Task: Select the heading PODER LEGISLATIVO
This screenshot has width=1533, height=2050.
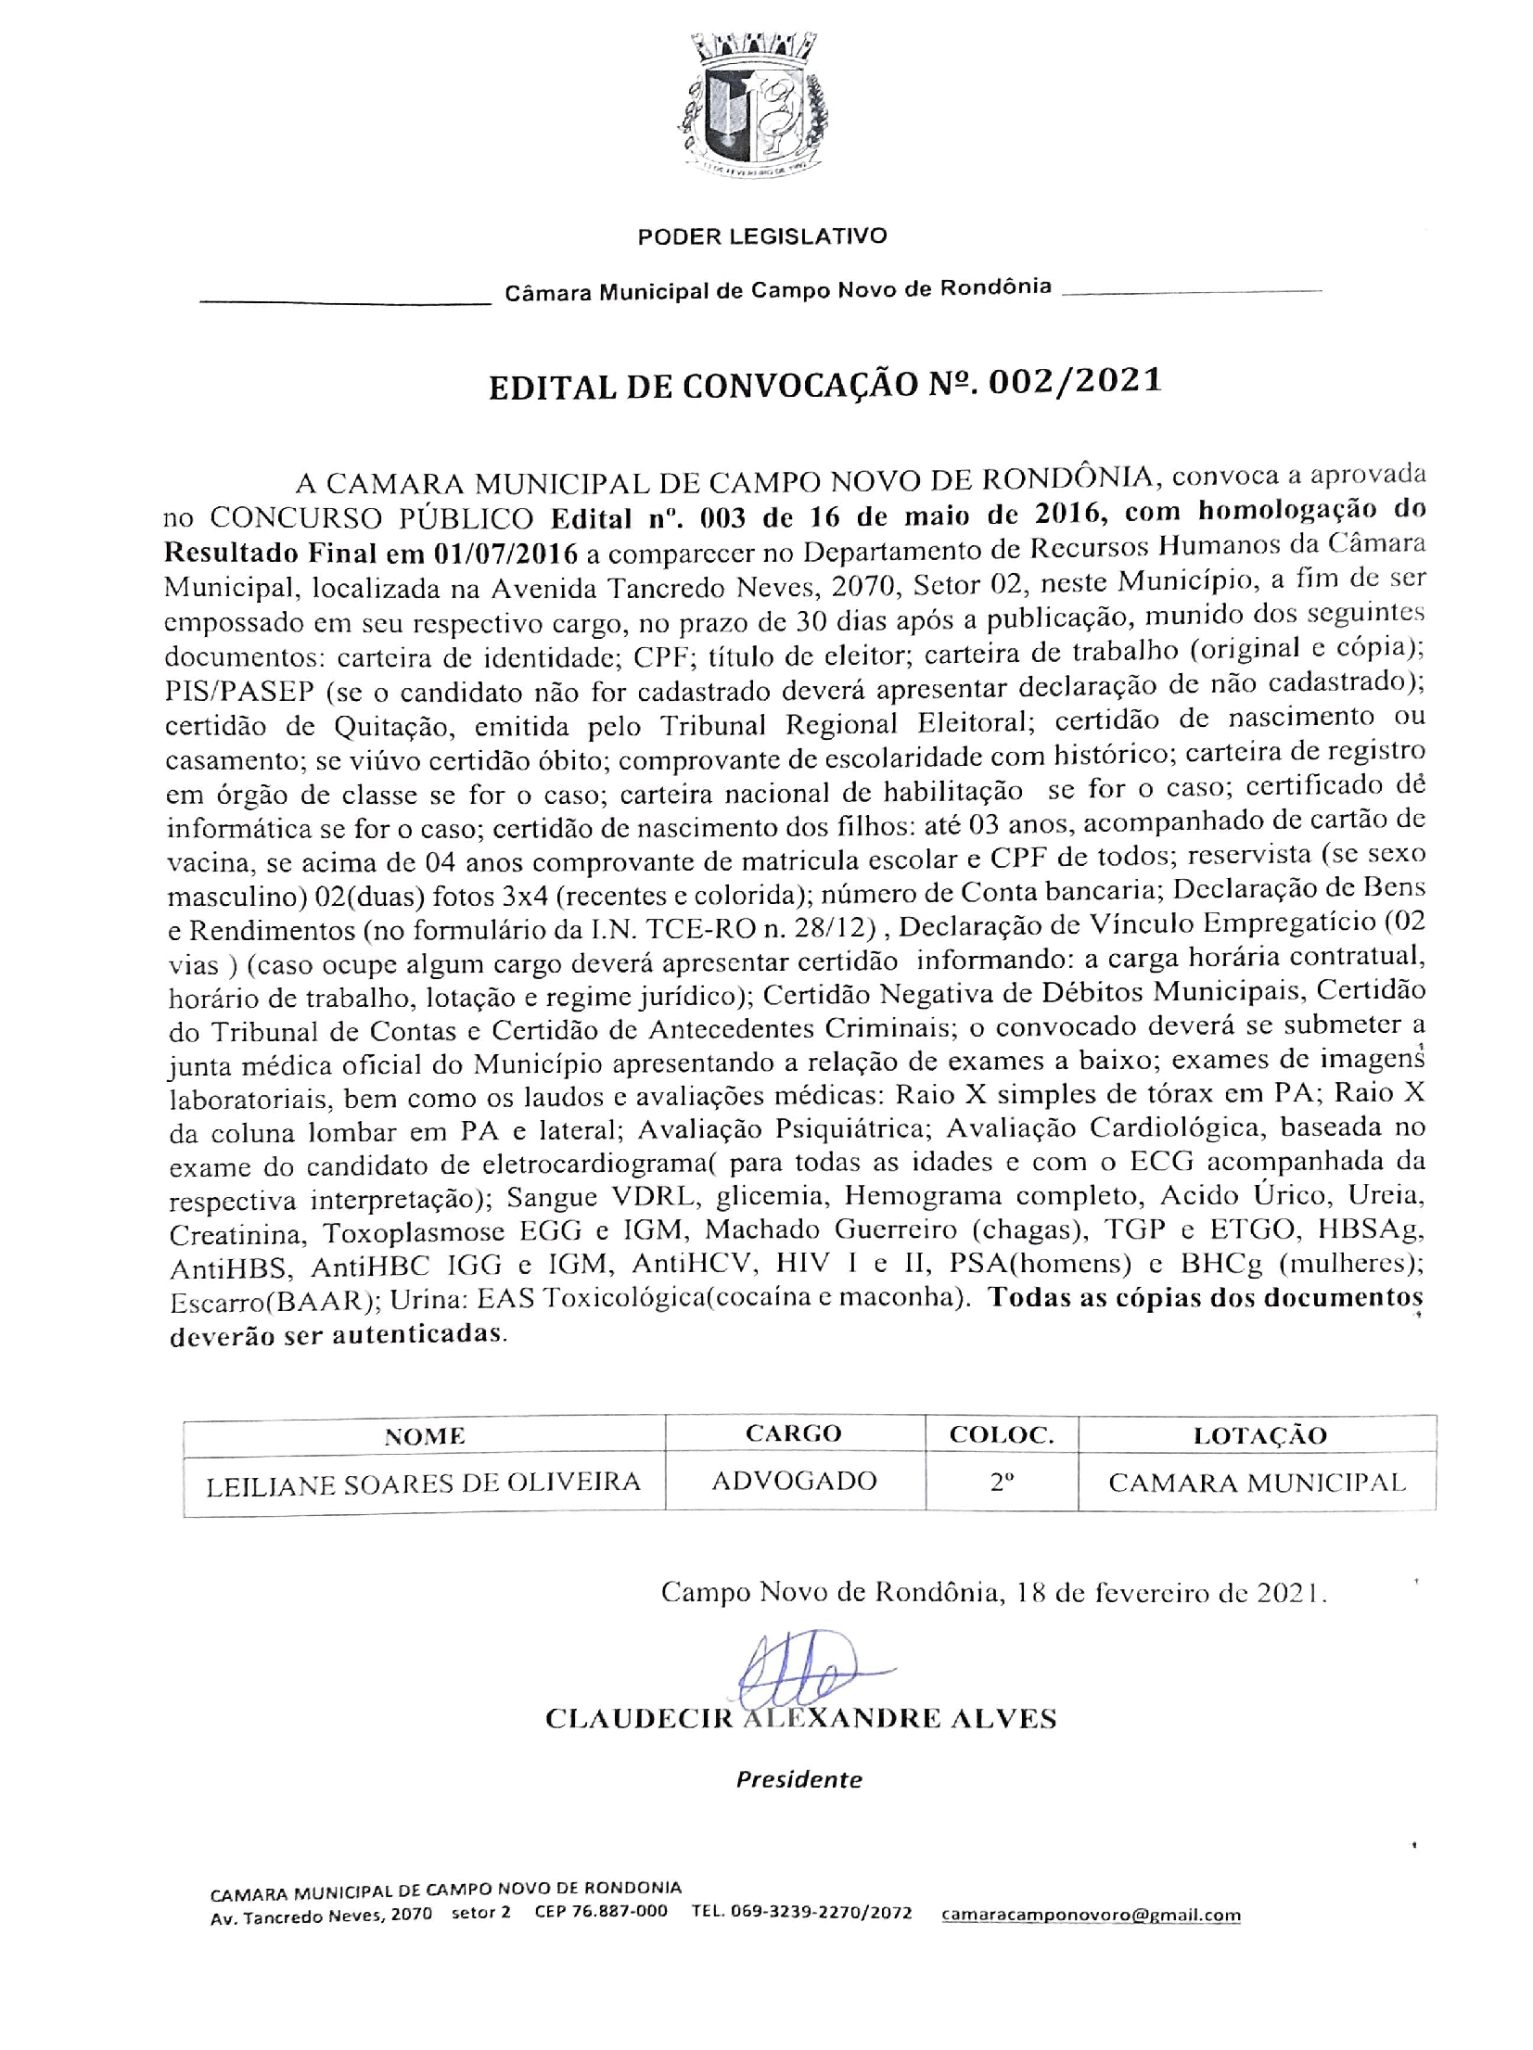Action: point(761,236)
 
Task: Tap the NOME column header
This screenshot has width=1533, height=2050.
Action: point(425,1436)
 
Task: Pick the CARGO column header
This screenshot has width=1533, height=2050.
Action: point(793,1433)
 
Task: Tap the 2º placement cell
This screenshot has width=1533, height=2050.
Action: point(1000,1482)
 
